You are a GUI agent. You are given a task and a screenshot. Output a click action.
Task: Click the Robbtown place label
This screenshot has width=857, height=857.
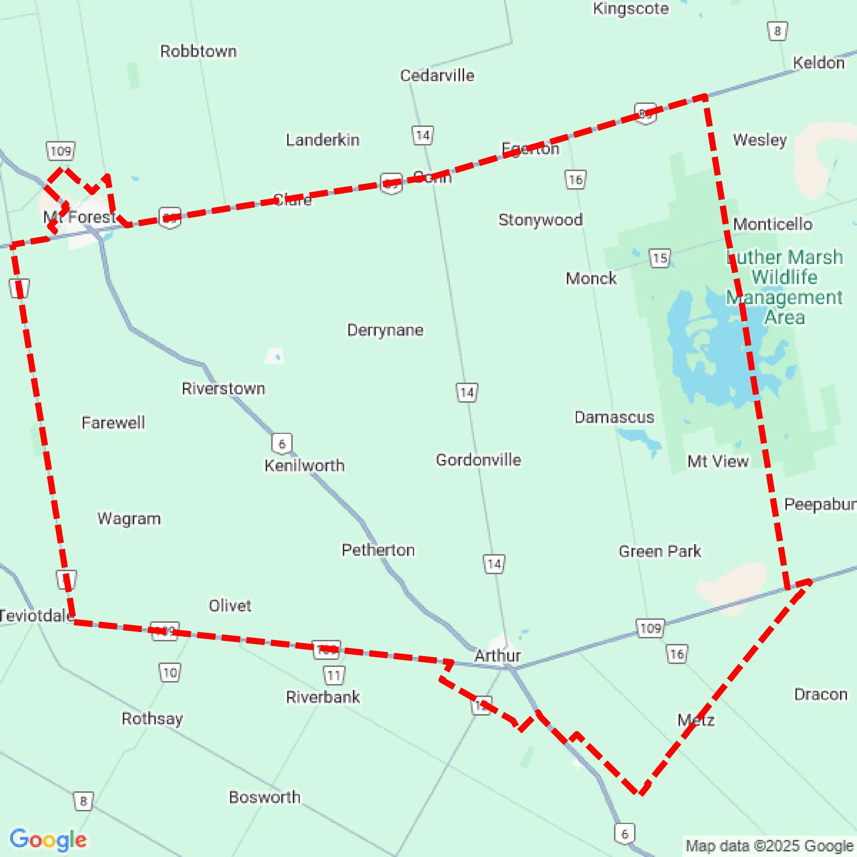click(198, 52)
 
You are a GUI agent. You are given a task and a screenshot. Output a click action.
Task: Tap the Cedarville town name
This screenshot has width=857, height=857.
click(437, 75)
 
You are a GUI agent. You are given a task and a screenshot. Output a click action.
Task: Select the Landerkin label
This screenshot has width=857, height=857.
click(322, 140)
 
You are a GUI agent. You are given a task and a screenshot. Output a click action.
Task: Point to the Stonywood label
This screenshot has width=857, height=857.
click(540, 220)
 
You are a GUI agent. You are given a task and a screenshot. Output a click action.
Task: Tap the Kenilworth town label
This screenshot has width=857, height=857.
click(304, 465)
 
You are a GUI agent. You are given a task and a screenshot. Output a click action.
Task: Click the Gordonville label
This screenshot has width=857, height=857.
click(478, 460)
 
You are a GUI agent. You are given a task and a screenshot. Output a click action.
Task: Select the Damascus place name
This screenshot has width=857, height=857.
click(614, 417)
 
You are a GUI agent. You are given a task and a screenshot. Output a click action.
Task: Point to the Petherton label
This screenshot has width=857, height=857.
click(378, 550)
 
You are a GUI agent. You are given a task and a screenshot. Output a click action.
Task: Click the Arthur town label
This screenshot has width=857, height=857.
click(497, 655)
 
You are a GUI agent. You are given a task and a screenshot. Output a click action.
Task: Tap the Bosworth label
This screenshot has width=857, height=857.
click(265, 797)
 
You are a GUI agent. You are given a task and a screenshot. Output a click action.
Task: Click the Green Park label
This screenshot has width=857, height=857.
click(660, 551)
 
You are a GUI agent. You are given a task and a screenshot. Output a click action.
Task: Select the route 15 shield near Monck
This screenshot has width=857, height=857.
click(660, 258)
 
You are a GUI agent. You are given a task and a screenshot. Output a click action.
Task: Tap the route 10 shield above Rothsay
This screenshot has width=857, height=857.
click(170, 673)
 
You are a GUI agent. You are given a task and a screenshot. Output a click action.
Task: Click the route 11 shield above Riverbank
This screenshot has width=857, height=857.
click(334, 676)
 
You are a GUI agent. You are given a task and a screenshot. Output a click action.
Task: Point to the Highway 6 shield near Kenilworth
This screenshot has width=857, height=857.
click(282, 444)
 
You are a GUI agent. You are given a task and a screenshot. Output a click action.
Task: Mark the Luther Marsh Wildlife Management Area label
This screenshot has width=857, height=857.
click(784, 287)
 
